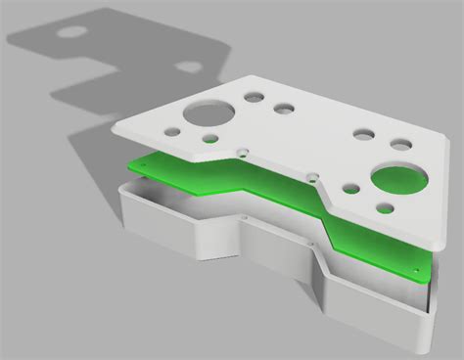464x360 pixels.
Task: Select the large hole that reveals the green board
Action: [x=398, y=179]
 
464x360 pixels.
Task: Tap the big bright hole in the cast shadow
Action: [x=70, y=31]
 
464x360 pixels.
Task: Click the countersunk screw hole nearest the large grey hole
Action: [x=242, y=153]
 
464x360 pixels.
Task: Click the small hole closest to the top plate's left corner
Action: [x=171, y=131]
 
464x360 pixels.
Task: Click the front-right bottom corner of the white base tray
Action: [x=425, y=346]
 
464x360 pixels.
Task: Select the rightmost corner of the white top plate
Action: [x=448, y=140]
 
